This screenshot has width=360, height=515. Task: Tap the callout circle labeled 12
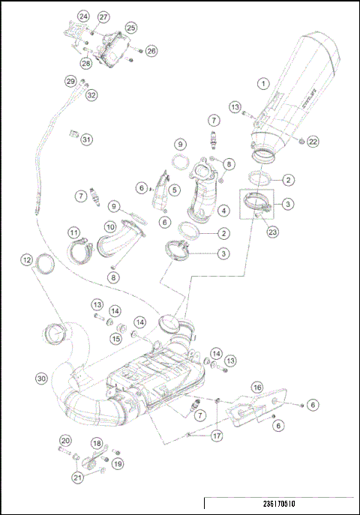tap(26, 260)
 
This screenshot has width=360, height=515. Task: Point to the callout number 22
tap(313, 141)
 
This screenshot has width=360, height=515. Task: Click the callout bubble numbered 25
tap(130, 27)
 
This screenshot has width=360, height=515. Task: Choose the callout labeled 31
tap(87, 139)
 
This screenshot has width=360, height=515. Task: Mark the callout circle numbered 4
tap(222, 211)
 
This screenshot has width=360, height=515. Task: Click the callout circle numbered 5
tap(173, 190)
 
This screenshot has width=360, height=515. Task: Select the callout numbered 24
tap(82, 16)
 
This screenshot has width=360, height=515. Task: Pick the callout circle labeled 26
tap(151, 51)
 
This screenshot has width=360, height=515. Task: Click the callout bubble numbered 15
tap(115, 338)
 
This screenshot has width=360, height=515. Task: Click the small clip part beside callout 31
tap(73, 133)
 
